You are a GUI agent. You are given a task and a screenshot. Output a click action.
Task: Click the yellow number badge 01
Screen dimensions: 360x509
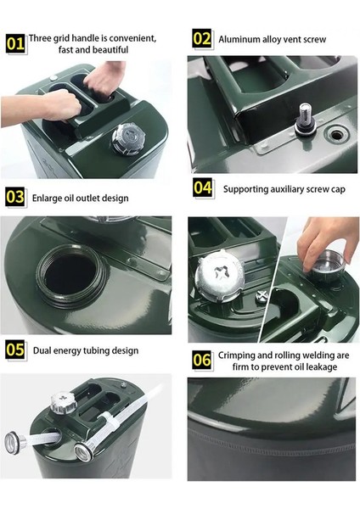click(15, 42)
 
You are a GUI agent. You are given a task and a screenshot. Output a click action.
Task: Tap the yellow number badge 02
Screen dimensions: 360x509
click(202, 38)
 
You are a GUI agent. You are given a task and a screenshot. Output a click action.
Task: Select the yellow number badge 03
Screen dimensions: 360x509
click(15, 197)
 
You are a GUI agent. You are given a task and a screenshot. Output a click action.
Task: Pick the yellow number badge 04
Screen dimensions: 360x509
click(203, 187)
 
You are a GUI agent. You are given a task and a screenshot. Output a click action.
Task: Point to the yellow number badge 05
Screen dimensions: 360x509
click(15, 350)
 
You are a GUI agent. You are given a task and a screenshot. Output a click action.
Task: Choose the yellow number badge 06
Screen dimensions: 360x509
click(202, 360)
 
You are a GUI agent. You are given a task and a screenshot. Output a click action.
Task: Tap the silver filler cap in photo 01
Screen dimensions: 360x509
click(128, 139)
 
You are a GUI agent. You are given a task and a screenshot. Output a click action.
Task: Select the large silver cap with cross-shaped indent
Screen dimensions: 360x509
click(219, 275)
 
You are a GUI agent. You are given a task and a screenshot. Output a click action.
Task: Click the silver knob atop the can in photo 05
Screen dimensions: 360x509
click(64, 403)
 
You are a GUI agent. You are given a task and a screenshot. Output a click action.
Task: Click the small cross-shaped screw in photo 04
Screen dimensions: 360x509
click(262, 296)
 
